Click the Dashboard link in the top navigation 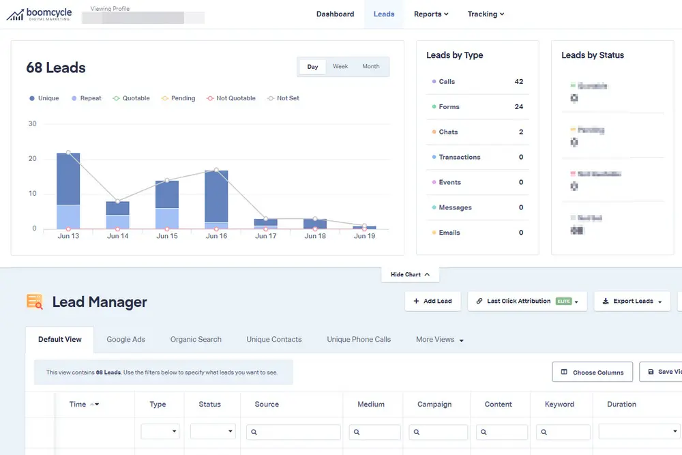tap(335, 14)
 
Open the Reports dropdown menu tap(431, 14)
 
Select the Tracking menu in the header tap(486, 14)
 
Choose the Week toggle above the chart tap(340, 67)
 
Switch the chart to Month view tap(371, 67)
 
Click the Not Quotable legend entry tap(231, 98)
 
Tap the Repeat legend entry tap(86, 98)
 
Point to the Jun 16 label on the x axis tap(216, 236)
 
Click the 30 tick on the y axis tap(33, 124)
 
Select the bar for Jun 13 tap(68, 190)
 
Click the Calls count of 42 tap(519, 82)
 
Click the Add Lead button tap(433, 301)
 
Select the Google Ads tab tap(126, 339)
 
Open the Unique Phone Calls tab tap(359, 339)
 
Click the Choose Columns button tap(592, 372)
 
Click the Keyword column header tap(559, 405)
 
